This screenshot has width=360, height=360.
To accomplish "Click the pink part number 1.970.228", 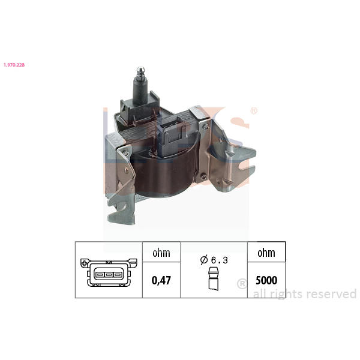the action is (14, 65).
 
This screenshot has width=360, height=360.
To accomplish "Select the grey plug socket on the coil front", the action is (170, 133).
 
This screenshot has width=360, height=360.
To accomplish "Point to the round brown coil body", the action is (164, 175).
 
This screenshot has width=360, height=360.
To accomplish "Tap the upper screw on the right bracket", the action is (206, 126).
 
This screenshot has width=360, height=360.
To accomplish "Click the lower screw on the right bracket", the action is (203, 176).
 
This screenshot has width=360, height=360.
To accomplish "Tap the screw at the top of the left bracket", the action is (125, 152).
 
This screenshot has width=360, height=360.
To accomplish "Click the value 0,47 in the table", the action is (161, 280).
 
